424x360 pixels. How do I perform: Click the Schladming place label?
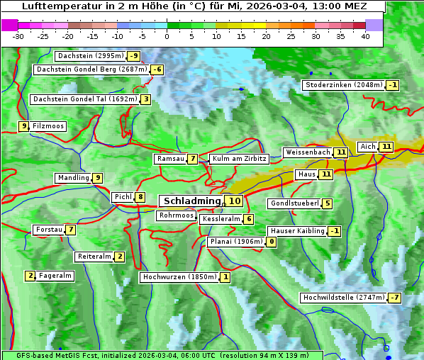[192, 201]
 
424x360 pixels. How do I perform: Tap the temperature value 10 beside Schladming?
[235, 201]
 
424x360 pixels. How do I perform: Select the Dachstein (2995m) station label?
[89, 56]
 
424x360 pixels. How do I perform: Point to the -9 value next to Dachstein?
[133, 56]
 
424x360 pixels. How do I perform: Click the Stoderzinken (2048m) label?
[343, 85]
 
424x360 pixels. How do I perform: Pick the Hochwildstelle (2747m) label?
[343, 298]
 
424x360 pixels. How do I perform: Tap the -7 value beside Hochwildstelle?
[394, 298]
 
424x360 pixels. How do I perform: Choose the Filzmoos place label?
[48, 126]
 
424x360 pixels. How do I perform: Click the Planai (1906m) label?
[237, 242]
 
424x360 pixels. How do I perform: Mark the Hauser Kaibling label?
[297, 231]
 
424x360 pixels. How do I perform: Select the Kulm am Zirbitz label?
[239, 159]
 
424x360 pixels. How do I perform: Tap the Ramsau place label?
[170, 159]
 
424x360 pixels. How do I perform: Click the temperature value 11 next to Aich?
[386, 147]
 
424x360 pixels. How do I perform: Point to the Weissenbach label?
[307, 152]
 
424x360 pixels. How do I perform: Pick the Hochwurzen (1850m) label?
[178, 277]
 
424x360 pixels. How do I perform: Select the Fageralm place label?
[55, 276]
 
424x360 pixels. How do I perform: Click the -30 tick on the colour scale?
[18, 35]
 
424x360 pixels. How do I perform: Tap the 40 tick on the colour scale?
[365, 35]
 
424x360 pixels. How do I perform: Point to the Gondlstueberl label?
[294, 203]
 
